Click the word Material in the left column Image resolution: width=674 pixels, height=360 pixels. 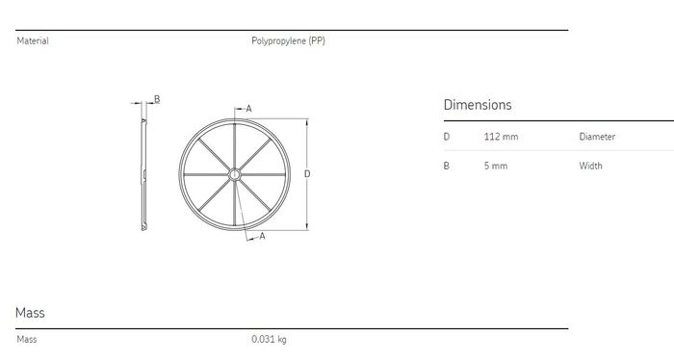[33, 40]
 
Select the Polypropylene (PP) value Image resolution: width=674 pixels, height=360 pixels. [288, 40]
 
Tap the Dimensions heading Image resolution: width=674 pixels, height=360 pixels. [478, 105]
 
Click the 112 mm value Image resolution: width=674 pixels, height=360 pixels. [501, 137]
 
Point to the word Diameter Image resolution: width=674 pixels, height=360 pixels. [597, 137]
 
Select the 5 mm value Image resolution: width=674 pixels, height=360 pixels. [496, 166]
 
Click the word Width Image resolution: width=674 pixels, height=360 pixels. [590, 166]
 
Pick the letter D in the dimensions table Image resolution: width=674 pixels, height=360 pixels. [447, 137]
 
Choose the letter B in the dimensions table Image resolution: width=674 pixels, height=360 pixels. [446, 166]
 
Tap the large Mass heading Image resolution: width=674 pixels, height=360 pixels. [30, 313]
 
